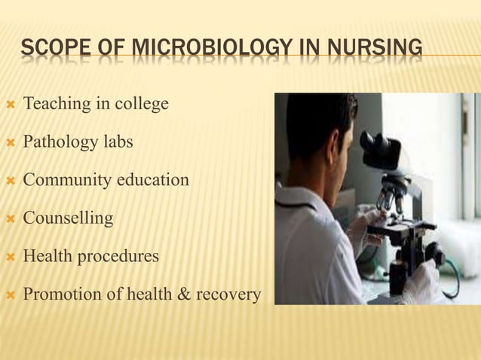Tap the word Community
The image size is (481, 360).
[65, 180]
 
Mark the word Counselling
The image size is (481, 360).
[68, 218]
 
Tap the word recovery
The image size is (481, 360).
[228, 294]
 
